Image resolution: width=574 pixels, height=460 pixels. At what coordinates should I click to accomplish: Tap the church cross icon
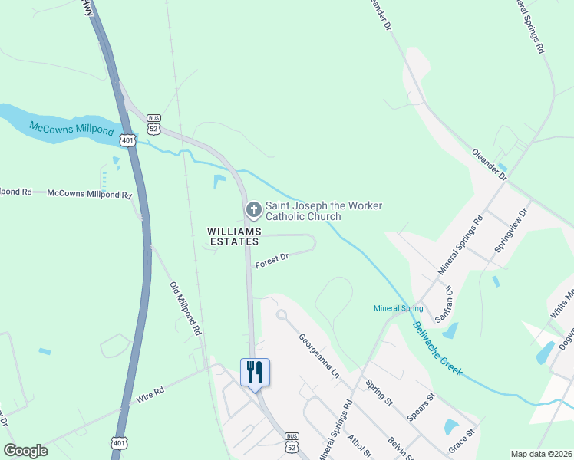(x=253, y=209)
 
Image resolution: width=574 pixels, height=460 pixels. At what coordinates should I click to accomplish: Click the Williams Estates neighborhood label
(x=234, y=236)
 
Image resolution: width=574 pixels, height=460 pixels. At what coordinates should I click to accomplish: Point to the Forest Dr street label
(x=272, y=258)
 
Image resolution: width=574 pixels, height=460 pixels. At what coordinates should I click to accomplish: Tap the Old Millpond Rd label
(x=185, y=309)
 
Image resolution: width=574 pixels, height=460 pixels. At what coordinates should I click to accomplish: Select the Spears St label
(x=421, y=407)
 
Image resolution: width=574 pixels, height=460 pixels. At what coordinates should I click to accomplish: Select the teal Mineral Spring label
(x=398, y=309)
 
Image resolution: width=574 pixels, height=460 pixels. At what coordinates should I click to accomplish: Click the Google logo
(x=25, y=451)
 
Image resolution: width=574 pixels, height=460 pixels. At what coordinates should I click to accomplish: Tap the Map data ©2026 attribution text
(x=540, y=454)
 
